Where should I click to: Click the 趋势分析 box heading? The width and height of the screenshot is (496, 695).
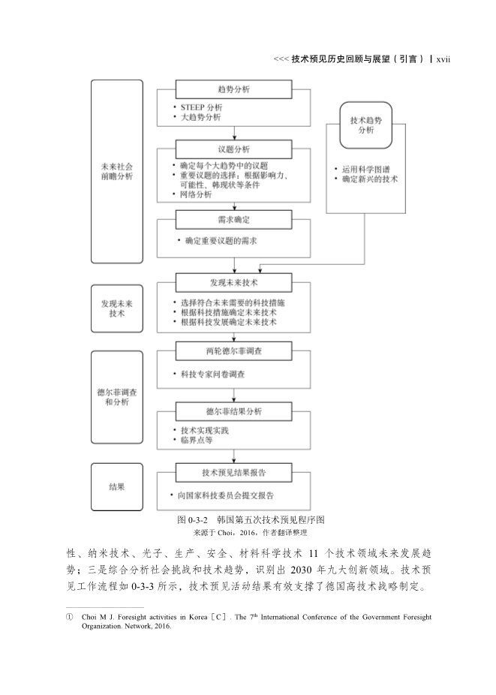[x=233, y=89]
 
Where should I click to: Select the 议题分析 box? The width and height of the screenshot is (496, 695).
[x=233, y=149]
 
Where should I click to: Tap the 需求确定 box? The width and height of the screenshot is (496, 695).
[x=233, y=219]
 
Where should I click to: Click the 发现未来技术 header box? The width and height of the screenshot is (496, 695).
[x=233, y=283]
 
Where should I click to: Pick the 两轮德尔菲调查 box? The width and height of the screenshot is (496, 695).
[x=233, y=351]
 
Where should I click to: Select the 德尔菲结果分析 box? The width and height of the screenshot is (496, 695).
[x=233, y=412]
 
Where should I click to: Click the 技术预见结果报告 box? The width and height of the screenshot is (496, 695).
[x=233, y=473]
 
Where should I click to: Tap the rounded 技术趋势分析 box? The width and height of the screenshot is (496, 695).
[x=365, y=125]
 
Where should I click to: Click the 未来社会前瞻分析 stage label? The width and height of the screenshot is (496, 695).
[x=116, y=172]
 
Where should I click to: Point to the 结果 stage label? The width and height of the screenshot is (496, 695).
[x=116, y=486]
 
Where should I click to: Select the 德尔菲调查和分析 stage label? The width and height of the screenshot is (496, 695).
[x=116, y=397]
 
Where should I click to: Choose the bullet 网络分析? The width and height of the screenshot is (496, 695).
[x=196, y=194]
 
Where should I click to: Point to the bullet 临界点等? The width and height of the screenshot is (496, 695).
[x=197, y=441]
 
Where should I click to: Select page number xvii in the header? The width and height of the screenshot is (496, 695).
[x=447, y=58]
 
